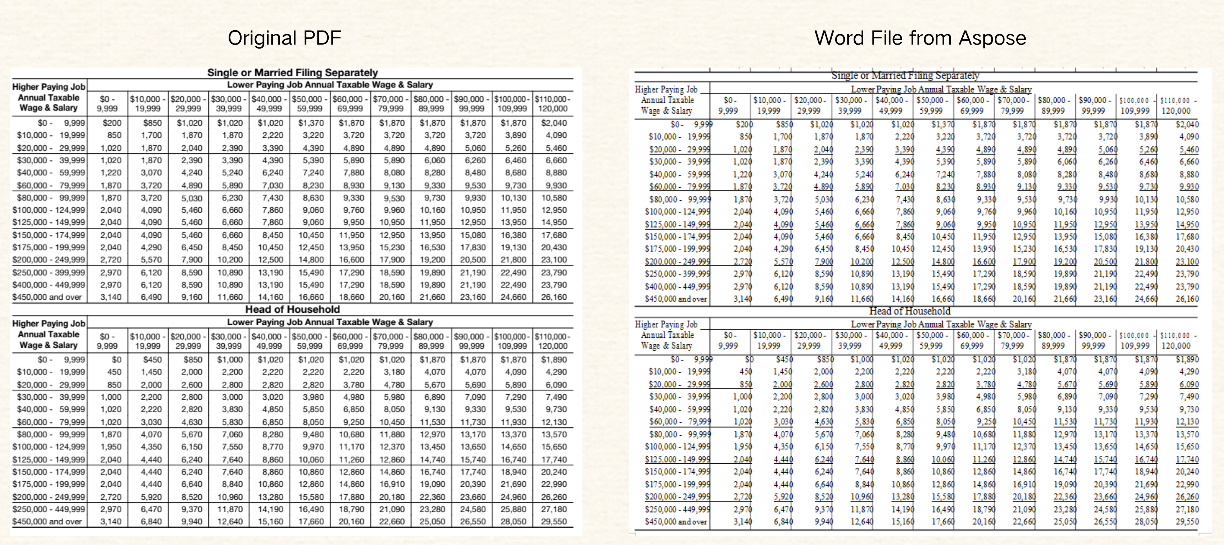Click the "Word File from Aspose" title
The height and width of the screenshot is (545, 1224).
pyautogui.click(x=920, y=38)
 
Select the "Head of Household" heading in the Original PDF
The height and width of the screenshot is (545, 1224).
pyautogui.click(x=292, y=309)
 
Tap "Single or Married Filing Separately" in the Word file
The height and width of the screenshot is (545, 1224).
pyautogui.click(x=905, y=76)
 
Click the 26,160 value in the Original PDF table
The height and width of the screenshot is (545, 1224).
pyautogui.click(x=554, y=297)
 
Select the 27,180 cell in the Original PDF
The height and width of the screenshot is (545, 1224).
pyautogui.click(x=554, y=509)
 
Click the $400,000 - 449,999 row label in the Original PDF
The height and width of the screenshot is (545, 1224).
pyautogui.click(x=49, y=285)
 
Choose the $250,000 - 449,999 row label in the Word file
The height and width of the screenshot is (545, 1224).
pyautogui.click(x=678, y=509)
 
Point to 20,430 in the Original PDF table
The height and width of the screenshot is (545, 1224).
pyautogui.click(x=554, y=247)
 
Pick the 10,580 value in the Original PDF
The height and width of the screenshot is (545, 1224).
pyautogui.click(x=554, y=198)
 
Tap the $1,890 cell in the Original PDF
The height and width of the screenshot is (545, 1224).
pyautogui.click(x=554, y=360)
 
